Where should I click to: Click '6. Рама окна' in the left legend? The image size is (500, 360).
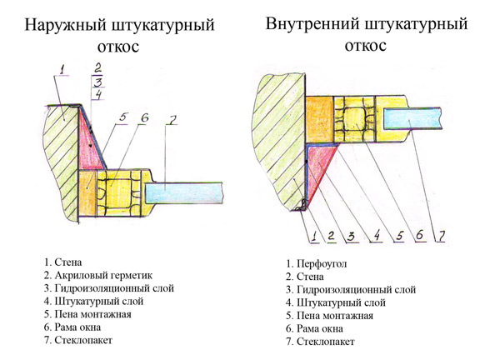pos(74,327)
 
